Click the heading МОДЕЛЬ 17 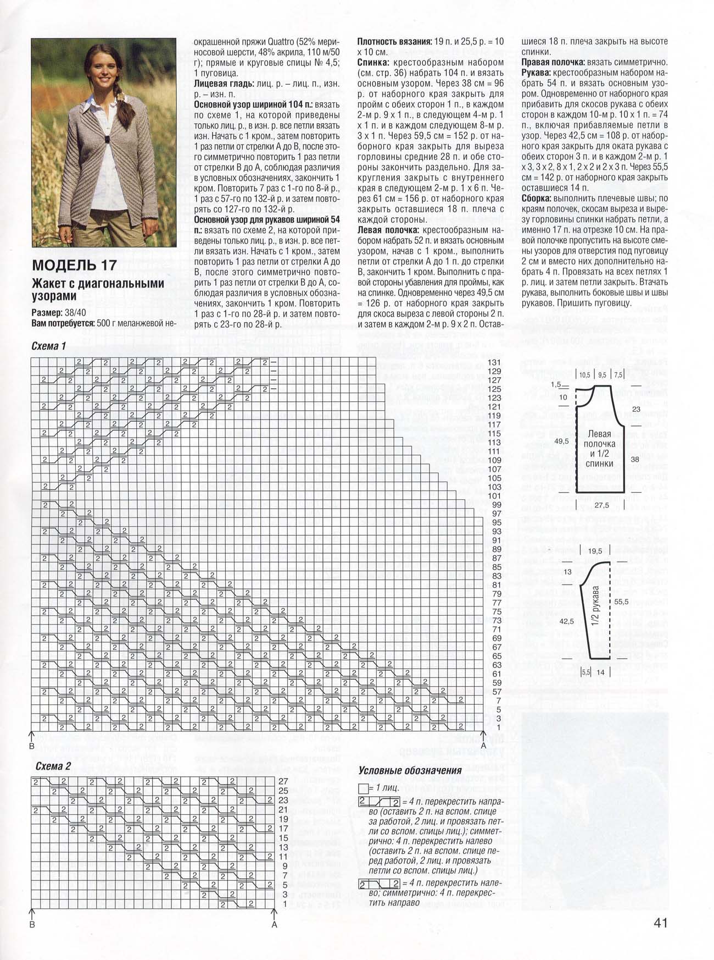coord(74,264)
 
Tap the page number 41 coord(660,922)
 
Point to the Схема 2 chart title coord(53,766)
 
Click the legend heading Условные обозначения coord(410,770)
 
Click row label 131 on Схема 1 coord(494,362)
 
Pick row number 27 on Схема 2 coord(284,781)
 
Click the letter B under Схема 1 coord(32,747)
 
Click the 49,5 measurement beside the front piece coord(561,442)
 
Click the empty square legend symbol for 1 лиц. coord(362,788)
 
